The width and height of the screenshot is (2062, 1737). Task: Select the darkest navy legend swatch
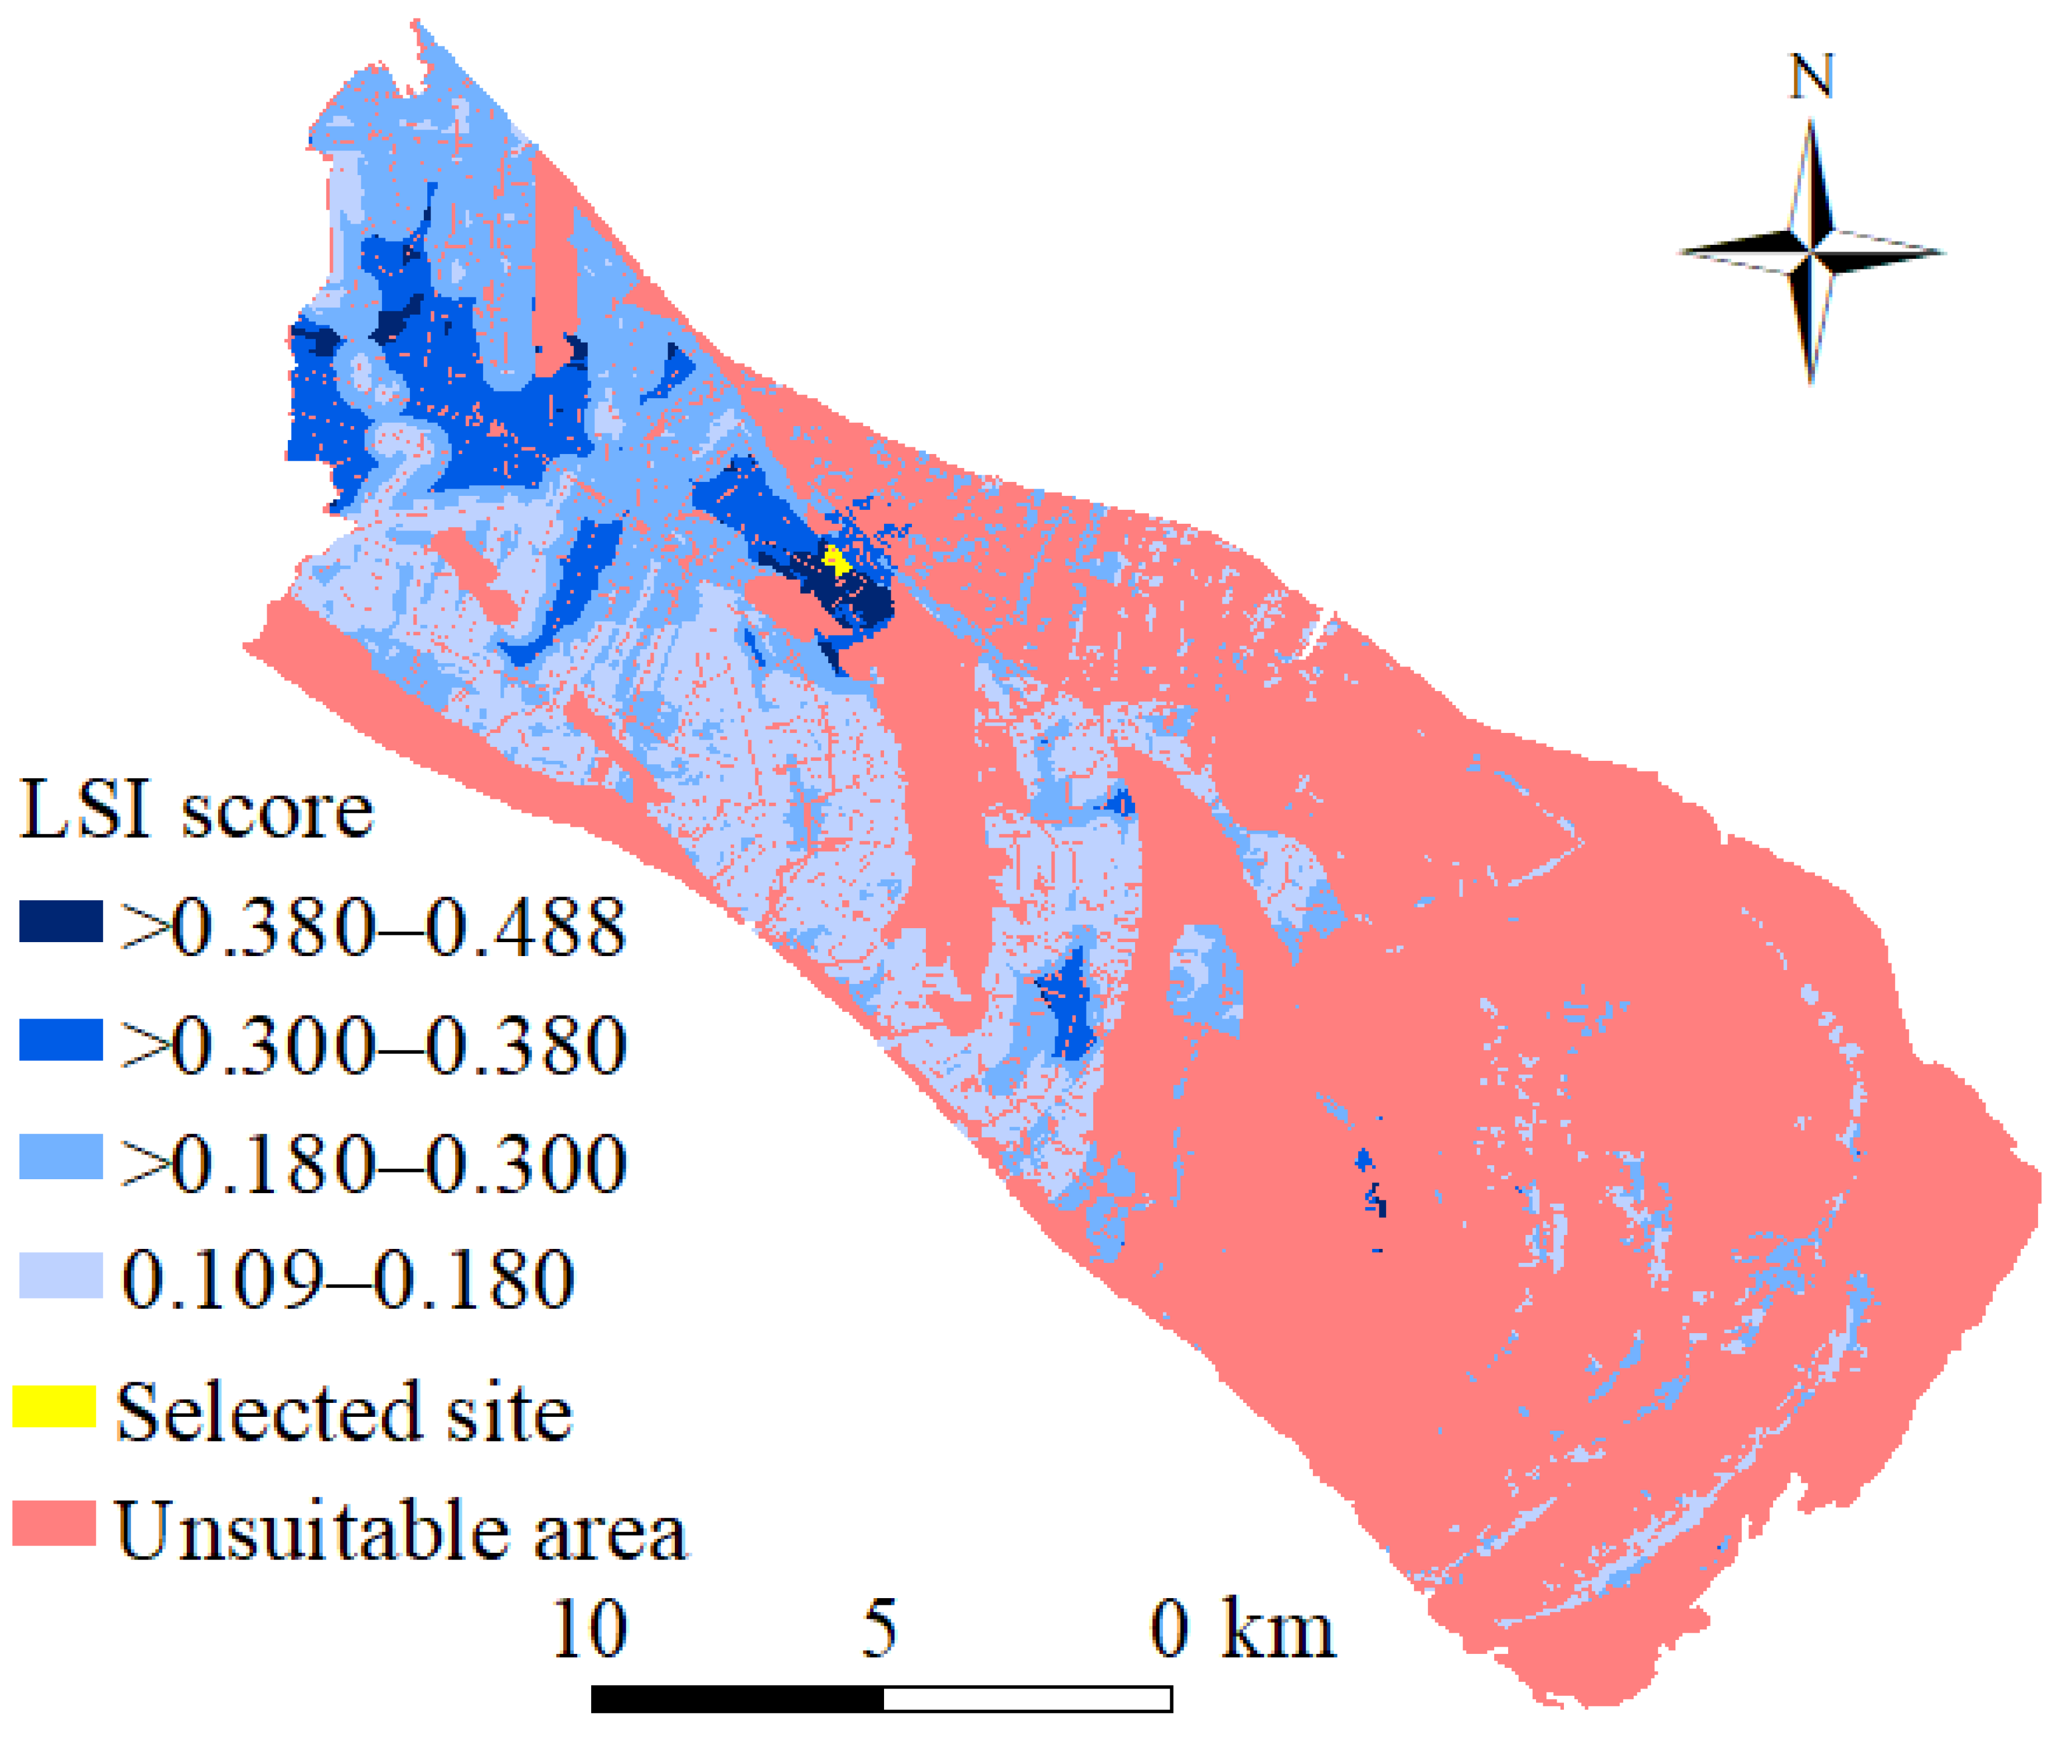pos(61,921)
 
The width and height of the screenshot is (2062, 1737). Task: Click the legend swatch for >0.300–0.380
pos(61,1040)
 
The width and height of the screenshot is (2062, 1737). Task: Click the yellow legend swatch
pos(54,1406)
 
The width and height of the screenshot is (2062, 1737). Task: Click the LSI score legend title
pos(197,809)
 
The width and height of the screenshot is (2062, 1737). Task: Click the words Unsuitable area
pos(401,1531)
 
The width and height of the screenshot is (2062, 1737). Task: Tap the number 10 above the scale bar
pos(589,1630)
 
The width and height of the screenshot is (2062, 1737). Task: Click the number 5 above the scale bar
pos(880,1630)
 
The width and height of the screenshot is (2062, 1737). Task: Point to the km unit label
pos(1277,1630)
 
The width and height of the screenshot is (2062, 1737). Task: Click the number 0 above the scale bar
pos(1169,1630)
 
